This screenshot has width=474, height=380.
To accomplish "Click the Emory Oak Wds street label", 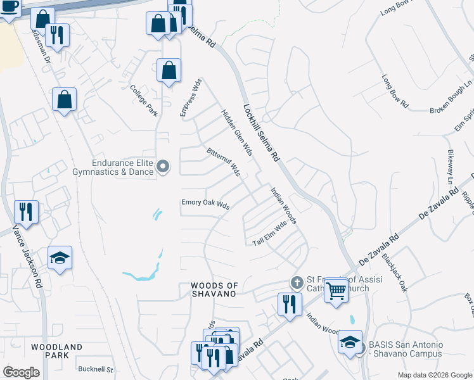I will pos(205,204).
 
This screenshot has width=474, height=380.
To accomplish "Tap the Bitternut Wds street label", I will pos(223,162).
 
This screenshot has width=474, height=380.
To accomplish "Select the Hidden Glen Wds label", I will pos(237,132).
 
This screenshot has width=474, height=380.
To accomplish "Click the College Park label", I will pos(143,100).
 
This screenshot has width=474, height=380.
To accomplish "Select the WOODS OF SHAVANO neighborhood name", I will pos(214,290).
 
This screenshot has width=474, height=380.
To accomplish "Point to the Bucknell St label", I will pos(95,369).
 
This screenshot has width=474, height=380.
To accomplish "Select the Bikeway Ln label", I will pos(451,163).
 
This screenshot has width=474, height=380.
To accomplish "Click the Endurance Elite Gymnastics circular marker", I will pos(163,167).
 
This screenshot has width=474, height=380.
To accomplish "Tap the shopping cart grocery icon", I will pos(336,290).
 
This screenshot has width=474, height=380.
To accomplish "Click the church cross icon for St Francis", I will pos(295,282).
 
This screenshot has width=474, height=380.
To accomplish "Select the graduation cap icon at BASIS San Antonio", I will pos(350,342).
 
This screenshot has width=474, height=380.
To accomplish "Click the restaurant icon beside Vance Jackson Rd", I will pos(26,211).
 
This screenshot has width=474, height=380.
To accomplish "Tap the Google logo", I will pos(21,372).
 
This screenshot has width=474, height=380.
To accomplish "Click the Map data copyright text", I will pos(434,375).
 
